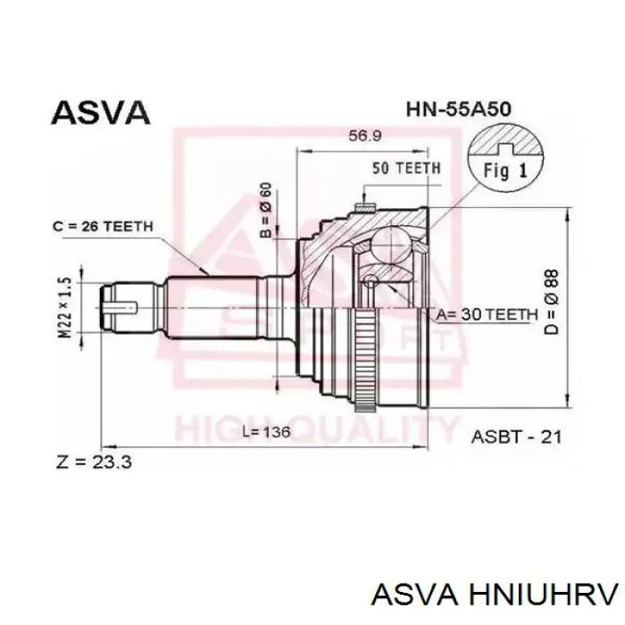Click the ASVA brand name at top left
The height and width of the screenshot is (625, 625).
[101, 112]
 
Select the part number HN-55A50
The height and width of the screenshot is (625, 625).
[459, 109]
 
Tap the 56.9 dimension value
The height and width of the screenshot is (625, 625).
[365, 136]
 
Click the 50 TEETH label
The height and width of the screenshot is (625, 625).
[406, 168]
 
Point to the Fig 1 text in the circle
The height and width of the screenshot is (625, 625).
[505, 171]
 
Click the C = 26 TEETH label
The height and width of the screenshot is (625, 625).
[103, 227]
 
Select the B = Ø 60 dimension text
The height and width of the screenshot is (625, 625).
[266, 210]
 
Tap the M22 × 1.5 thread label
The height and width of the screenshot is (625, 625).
[66, 308]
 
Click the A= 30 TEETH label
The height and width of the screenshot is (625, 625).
[487, 315]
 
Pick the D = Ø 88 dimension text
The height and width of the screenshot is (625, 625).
[552, 303]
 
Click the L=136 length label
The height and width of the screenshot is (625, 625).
[267, 431]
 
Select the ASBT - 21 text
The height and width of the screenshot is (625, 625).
[516, 437]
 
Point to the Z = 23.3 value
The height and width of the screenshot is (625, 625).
[94, 462]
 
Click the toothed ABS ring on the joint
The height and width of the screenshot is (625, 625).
[364, 359]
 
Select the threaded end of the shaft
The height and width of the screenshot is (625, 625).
[131, 307]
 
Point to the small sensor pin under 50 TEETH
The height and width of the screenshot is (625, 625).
[365, 206]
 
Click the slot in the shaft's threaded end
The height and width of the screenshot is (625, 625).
[121, 307]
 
